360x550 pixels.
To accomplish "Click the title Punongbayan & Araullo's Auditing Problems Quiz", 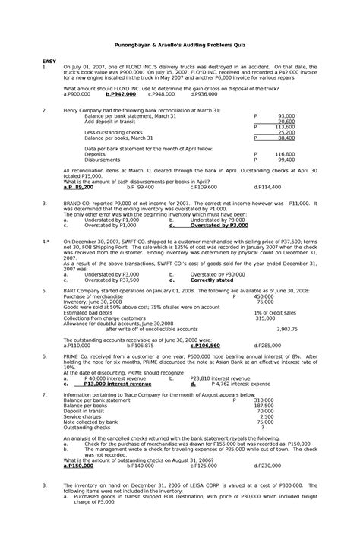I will click(180, 44).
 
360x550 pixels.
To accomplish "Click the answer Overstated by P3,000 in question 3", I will click(219, 226).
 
